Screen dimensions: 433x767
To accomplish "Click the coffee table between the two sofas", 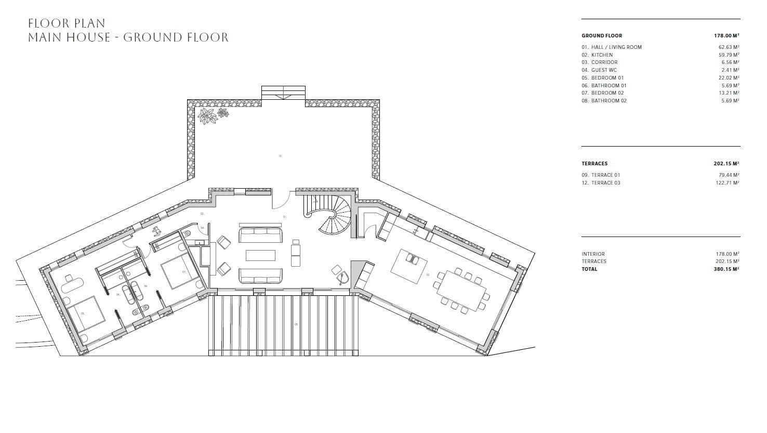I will (260, 255).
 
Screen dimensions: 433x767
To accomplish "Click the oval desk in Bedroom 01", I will (72, 284).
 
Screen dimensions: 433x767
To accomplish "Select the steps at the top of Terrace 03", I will (283, 93).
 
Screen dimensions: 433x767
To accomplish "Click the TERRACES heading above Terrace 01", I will (594, 163).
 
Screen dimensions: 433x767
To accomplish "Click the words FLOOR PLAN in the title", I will (67, 23).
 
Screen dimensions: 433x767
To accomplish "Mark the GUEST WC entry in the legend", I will (604, 70).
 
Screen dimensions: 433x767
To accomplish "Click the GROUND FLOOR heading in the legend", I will (602, 36).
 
